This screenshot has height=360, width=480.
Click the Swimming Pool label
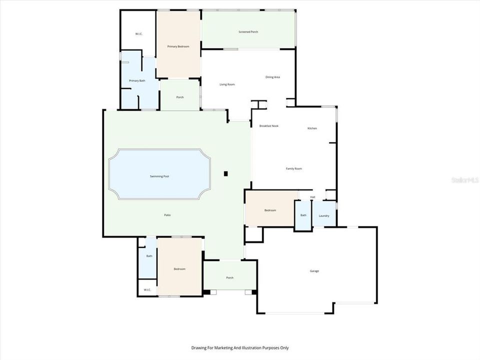159,176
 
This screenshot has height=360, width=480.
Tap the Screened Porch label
248,32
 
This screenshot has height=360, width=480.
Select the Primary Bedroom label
178,46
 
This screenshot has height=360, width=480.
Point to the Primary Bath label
137,80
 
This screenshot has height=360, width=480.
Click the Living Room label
227,84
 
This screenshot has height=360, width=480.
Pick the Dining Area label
272,77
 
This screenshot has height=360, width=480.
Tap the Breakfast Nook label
268,125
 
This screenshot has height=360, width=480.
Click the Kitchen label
312,128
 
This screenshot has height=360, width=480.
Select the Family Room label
294,168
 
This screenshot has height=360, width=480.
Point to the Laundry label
323,215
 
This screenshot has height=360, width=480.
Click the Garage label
314,271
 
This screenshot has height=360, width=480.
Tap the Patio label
167,215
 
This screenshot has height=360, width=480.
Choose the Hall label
312,197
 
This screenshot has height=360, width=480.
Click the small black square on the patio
226,173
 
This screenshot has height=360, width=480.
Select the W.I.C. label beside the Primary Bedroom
139,34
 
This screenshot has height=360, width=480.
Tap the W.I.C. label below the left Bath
147,290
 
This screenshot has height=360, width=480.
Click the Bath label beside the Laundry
303,215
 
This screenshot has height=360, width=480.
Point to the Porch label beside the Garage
229,277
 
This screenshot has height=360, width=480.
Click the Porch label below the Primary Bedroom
179,97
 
